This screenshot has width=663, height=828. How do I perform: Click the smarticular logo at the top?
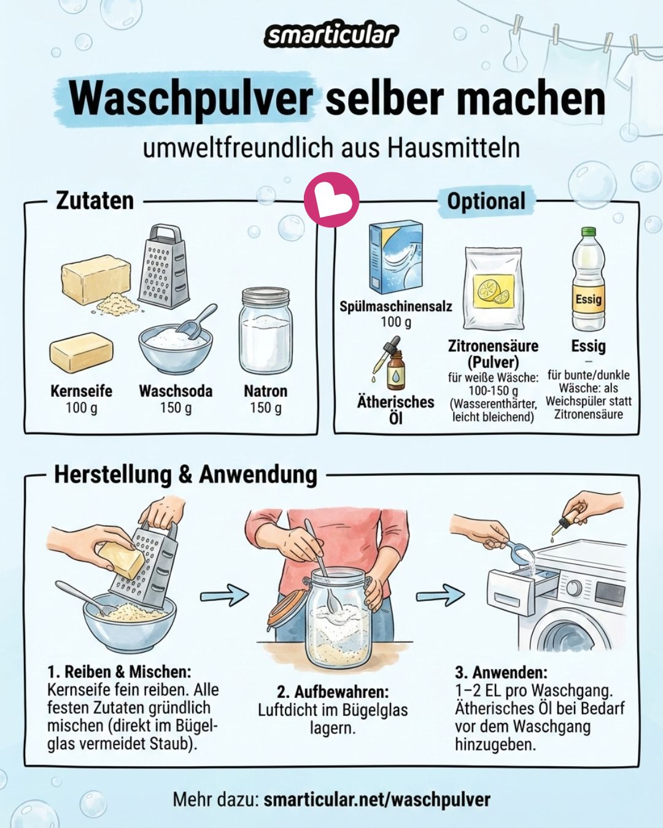pyautogui.click(x=331, y=36)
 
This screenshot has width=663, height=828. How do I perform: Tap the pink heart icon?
pyautogui.click(x=331, y=199)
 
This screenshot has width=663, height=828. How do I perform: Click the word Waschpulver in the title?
pyautogui.click(x=190, y=99)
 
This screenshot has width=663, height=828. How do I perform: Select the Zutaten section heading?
pyautogui.click(x=95, y=201)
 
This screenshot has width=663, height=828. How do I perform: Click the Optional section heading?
pyautogui.click(x=486, y=201)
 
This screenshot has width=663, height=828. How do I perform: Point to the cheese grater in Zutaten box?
pyautogui.click(x=163, y=266)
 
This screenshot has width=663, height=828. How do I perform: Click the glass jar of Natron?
pyautogui.click(x=265, y=332)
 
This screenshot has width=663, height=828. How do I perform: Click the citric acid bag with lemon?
pyautogui.click(x=493, y=288)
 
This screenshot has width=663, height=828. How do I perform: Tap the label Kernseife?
pyautogui.click(x=81, y=391)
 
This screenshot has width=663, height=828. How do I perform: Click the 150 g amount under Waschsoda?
pyautogui.click(x=176, y=408)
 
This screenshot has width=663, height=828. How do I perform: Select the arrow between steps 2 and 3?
pyautogui.click(x=440, y=595)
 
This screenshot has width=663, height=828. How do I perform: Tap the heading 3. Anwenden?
pyautogui.click(x=501, y=673)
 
